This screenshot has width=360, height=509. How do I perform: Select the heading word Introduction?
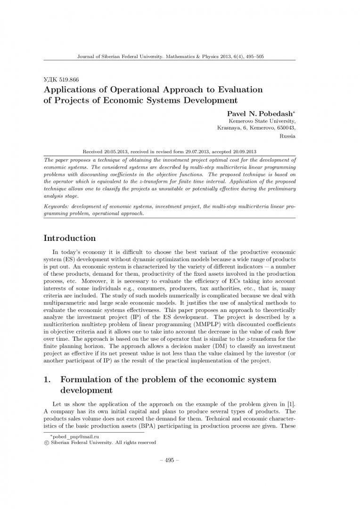coord(69,238)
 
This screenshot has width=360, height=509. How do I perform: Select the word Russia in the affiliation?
coord(287,137)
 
